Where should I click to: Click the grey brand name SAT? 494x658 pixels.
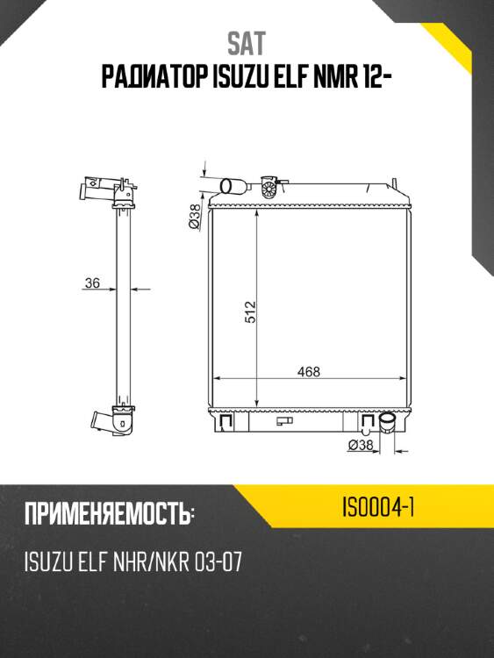247,44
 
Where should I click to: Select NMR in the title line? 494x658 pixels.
333,77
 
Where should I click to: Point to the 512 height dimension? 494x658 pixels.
250,311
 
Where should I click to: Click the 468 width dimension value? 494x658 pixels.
309,371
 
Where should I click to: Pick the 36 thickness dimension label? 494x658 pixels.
92,283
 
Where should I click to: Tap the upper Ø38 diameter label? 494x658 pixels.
194,217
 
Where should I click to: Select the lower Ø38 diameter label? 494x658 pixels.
361,445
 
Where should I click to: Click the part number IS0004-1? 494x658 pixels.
378,507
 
